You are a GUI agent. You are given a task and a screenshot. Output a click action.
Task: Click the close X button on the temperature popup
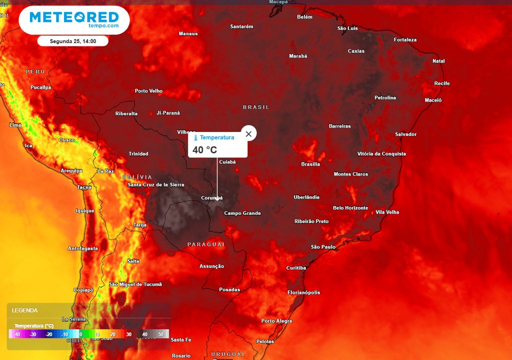click(248, 133)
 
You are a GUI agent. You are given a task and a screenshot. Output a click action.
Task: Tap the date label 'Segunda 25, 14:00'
click(73, 41)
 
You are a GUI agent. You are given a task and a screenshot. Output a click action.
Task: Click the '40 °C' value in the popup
click(205, 149)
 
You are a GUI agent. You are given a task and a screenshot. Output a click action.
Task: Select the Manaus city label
click(188, 33)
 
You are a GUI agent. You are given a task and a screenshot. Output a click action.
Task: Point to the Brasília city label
click(310, 164)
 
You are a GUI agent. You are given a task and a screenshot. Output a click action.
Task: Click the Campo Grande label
click(242, 213)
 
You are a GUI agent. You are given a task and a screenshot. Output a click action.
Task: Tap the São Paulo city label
click(323, 247)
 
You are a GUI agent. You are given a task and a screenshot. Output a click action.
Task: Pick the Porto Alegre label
click(276, 321)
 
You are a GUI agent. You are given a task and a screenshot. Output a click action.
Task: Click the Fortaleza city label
click(405, 39)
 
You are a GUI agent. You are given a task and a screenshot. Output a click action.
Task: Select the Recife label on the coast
click(442, 83)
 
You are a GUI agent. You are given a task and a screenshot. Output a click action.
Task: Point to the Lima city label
click(15, 124)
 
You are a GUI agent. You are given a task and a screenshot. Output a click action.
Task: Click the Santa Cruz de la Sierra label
click(156, 184)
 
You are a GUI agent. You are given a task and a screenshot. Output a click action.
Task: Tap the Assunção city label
click(211, 266)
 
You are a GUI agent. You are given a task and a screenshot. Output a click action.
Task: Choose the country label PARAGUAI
click(206, 244)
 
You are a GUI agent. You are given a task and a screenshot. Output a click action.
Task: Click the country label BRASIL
click(256, 107)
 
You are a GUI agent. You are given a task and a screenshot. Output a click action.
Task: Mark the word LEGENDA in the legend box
click(25, 310)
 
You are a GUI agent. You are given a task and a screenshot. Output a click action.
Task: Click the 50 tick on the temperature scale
click(160, 334)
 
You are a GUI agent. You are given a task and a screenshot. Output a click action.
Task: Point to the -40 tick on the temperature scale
click(17, 334)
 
